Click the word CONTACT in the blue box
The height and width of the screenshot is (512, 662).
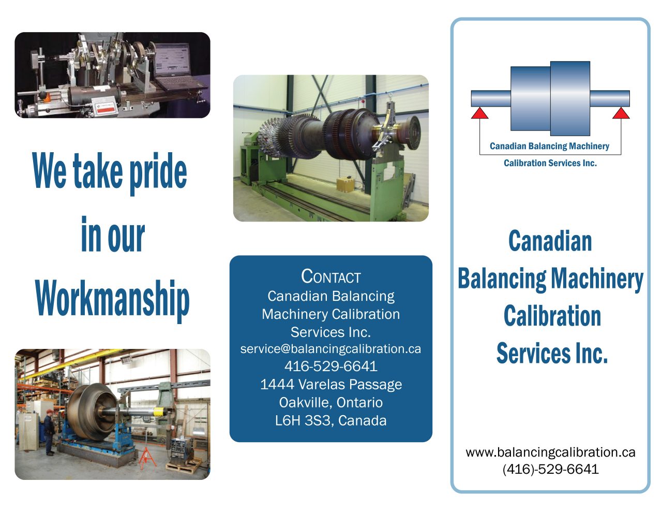click(330, 277)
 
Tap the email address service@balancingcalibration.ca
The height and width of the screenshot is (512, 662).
click(330, 349)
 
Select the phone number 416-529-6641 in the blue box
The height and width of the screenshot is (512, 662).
click(330, 367)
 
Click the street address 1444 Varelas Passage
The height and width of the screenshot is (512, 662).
click(330, 385)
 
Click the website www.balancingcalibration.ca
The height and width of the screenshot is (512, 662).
click(550, 452)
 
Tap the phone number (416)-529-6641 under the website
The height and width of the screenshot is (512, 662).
click(550, 469)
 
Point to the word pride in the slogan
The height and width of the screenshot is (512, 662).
click(158, 172)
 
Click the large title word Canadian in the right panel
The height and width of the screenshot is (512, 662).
click(550, 241)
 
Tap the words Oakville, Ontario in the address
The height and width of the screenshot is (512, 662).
click(330, 402)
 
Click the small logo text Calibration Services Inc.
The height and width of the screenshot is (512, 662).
click(550, 163)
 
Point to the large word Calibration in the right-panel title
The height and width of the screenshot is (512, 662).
click(552, 316)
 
